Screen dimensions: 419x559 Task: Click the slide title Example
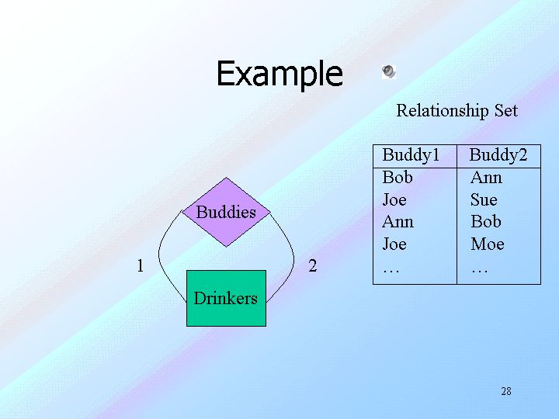[279, 74]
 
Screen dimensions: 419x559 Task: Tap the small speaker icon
[388, 72]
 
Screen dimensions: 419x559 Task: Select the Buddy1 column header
[411, 156]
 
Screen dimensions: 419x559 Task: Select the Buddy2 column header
[498, 156]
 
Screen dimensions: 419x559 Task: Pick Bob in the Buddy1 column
[398, 178]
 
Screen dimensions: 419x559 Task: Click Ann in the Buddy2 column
[486, 178]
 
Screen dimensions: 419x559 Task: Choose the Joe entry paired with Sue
[394, 200]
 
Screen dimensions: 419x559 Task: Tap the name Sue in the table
[484, 200]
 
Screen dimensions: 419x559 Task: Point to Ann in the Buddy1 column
[398, 222]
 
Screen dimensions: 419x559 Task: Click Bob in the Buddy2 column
[486, 222]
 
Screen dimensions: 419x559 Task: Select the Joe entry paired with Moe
[394, 244]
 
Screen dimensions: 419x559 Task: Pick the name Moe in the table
[488, 244]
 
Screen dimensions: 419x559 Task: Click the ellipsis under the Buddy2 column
[480, 268]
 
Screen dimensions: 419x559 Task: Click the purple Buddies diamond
[225, 213]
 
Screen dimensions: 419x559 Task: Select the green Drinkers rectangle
[225, 298]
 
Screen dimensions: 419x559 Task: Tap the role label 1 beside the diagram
[140, 266]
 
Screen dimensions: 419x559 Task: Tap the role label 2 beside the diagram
[312, 266]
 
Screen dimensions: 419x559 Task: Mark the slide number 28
[506, 391]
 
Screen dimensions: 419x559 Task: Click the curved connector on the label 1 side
[160, 256]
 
